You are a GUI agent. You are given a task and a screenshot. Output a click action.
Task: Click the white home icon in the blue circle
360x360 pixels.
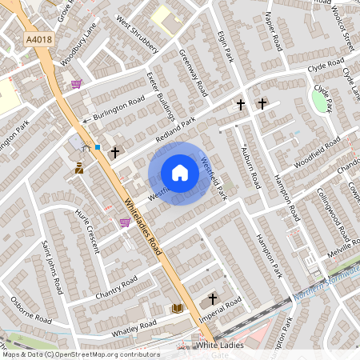tap(180, 173)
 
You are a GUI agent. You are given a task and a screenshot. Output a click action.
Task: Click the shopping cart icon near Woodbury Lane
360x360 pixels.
tap(76, 83)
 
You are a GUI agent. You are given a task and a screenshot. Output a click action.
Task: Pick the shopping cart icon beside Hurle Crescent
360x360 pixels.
tap(125, 222)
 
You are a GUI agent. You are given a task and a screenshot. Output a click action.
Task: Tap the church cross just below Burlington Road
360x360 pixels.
tap(114, 151)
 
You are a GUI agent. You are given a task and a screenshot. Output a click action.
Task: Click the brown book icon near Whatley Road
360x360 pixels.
tap(177, 308)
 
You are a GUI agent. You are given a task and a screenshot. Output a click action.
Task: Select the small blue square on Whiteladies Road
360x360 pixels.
tap(98, 147)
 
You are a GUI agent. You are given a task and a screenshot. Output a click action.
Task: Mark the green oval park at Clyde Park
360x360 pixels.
tap(322, 101)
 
